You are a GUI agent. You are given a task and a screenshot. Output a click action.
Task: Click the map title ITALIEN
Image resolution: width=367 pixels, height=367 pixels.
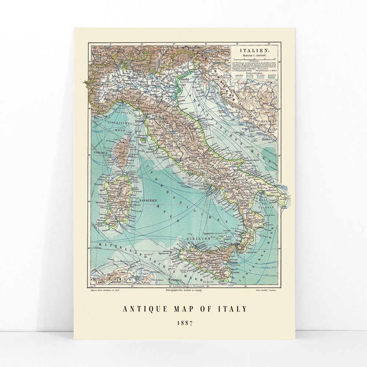(253, 50)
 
